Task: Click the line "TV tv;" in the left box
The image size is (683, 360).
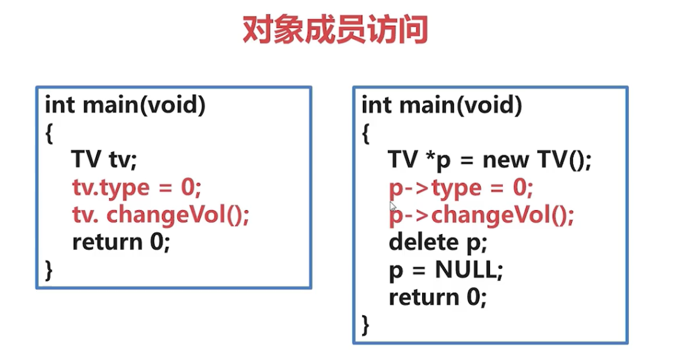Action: click(x=104, y=160)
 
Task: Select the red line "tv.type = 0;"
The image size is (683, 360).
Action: click(x=136, y=188)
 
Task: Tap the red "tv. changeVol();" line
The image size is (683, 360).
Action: click(x=161, y=215)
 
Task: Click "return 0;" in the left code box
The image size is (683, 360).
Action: click(x=120, y=243)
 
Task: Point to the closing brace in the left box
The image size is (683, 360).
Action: click(x=49, y=270)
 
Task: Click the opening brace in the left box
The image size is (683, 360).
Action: click(x=49, y=133)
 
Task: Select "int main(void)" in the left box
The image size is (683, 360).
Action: click(x=125, y=106)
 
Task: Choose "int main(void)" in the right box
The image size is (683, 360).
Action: click(x=442, y=106)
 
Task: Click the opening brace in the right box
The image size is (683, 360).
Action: click(x=366, y=133)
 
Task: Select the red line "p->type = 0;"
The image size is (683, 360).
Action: click(x=461, y=188)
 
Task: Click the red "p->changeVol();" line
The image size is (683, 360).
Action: click(x=481, y=215)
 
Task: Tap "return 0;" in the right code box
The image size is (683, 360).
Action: click(x=437, y=298)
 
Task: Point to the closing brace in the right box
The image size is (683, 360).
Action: click(x=366, y=324)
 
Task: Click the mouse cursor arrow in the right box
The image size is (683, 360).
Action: click(x=393, y=206)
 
